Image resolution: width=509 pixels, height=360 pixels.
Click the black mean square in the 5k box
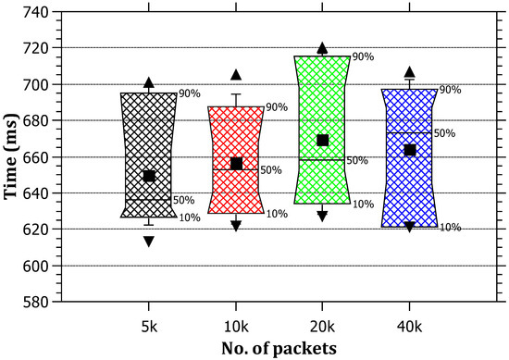[149, 176]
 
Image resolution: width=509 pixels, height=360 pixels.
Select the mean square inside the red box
[236, 164]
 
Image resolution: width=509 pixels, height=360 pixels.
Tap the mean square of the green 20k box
[323, 140]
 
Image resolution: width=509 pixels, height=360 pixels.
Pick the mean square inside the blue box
[410, 150]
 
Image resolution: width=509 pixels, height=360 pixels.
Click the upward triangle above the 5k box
[149, 83]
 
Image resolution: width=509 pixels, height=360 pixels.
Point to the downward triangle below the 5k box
[149, 242]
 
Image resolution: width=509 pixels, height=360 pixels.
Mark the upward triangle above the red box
[236, 75]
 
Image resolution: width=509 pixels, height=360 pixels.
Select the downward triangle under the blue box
[410, 227]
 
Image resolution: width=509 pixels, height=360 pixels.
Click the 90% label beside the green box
[363, 57]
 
